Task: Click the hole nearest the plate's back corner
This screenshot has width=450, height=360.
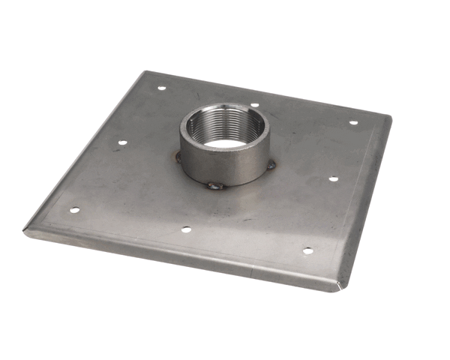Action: (161, 88)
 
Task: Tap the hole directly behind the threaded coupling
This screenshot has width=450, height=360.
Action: (255, 105)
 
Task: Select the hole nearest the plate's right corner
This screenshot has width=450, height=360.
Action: (352, 122)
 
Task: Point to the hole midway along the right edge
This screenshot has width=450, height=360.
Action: (333, 179)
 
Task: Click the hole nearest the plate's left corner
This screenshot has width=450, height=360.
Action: (73, 210)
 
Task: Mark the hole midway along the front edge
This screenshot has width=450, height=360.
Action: (185, 229)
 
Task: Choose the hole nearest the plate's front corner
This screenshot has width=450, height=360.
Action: (307, 250)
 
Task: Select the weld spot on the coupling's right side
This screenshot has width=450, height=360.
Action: (271, 163)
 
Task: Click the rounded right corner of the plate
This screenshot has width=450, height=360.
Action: (386, 118)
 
